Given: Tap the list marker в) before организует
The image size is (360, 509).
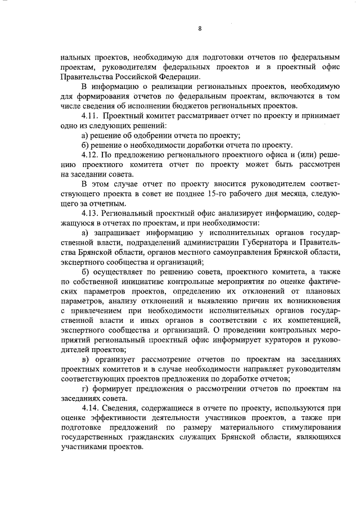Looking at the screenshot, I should [x=85, y=359].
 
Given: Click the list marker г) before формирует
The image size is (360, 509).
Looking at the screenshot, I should [x=85, y=389].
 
